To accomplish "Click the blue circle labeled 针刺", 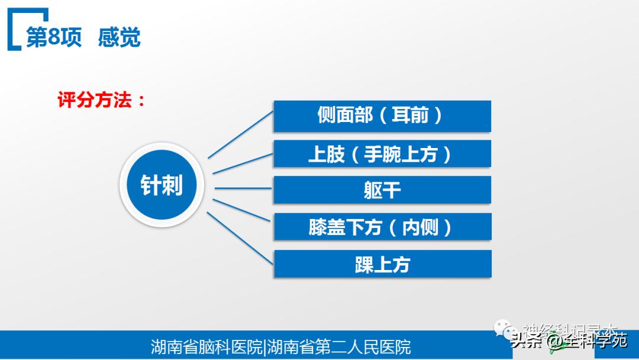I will [162, 186].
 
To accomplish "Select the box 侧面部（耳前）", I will [382, 116].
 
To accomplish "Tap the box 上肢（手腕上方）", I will [382, 154].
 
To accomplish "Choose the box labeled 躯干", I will [382, 190].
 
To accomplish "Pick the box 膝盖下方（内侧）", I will [382, 227].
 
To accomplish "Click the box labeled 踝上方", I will [382, 264].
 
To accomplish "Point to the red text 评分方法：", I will [101, 100].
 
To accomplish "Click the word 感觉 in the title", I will [119, 37].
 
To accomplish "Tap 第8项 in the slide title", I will [54, 37].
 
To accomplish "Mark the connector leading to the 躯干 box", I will [243, 189].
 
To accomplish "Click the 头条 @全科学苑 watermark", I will [569, 341].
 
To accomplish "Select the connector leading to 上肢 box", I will [243, 163].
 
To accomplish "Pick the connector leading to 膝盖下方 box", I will [243, 211].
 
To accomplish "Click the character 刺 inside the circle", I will [172, 186].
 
